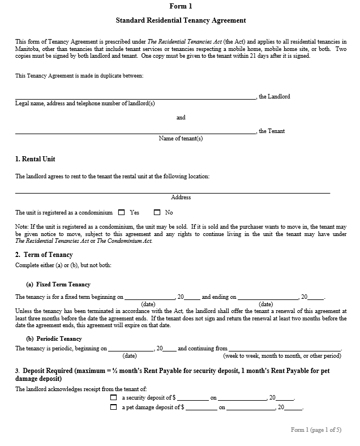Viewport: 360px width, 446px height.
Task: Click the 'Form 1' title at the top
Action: (x=181, y=6)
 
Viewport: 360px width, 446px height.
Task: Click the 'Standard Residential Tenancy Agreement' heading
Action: (x=181, y=20)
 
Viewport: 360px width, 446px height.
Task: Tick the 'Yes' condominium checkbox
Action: (x=121, y=213)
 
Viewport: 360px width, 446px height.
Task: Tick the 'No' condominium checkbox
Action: (x=157, y=213)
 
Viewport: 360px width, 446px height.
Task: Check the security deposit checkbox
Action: (x=114, y=398)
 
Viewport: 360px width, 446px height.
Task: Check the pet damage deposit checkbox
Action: (x=114, y=407)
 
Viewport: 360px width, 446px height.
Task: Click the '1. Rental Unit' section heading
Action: (x=35, y=159)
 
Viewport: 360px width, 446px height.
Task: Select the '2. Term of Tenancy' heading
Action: (x=44, y=255)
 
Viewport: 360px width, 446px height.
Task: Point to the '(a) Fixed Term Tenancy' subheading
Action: (x=58, y=284)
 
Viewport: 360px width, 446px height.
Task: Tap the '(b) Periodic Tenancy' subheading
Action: (x=54, y=338)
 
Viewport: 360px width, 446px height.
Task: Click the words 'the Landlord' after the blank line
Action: (x=275, y=97)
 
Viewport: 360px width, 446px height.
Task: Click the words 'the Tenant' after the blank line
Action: (x=272, y=131)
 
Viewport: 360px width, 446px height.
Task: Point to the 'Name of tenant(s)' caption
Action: (x=181, y=138)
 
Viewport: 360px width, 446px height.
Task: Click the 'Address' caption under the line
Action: (x=181, y=198)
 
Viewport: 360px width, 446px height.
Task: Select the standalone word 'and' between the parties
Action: (x=181, y=118)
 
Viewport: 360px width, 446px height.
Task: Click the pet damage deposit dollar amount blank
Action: (x=201, y=408)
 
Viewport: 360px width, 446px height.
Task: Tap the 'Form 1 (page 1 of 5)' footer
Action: (x=316, y=430)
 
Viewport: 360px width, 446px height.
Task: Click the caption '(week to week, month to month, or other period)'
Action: (x=282, y=356)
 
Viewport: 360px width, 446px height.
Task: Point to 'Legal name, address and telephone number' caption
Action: (x=85, y=104)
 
